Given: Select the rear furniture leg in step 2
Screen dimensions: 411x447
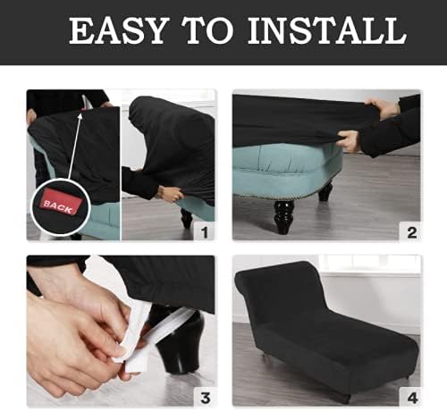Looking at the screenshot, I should point(325,191).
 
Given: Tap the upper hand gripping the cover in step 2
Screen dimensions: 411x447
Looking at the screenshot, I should point(385,109).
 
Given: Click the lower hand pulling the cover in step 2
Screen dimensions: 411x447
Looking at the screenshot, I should point(350,141).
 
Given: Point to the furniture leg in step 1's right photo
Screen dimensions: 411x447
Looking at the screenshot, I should point(186,218).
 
